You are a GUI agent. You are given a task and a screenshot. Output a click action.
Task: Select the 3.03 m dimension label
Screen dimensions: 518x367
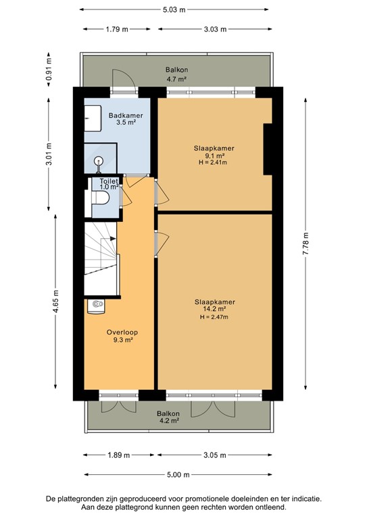[x=215, y=30]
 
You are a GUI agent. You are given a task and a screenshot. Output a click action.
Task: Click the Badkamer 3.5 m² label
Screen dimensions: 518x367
[x=126, y=120]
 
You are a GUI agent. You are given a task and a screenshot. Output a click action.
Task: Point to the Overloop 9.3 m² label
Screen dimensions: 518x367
[x=119, y=337]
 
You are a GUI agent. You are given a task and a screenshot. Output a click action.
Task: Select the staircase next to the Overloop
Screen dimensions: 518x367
[x=101, y=260]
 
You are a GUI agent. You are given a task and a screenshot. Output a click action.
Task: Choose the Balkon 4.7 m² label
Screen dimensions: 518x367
[x=176, y=74]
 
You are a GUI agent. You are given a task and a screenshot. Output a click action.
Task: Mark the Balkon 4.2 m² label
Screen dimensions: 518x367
[x=168, y=417]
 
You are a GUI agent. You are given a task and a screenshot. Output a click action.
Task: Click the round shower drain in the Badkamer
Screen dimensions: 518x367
[x=99, y=161]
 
